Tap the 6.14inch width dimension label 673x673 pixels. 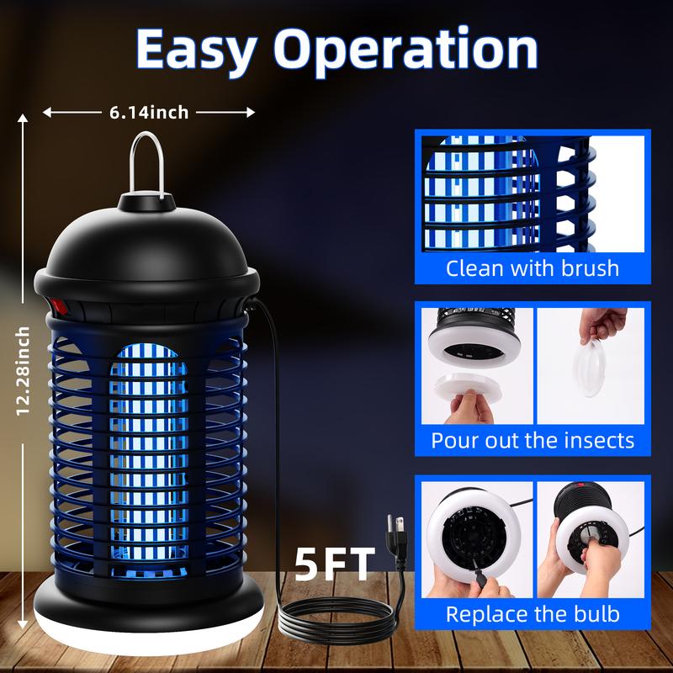coord(148,112)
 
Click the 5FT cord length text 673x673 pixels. coord(334,566)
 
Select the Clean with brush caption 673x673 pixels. coord(532,268)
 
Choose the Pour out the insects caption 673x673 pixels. coord(533,441)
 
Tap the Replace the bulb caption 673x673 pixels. coord(533,613)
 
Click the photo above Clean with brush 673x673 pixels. coord(532,193)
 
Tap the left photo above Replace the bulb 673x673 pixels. coord(475,538)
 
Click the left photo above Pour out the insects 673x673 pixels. coord(475,365)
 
